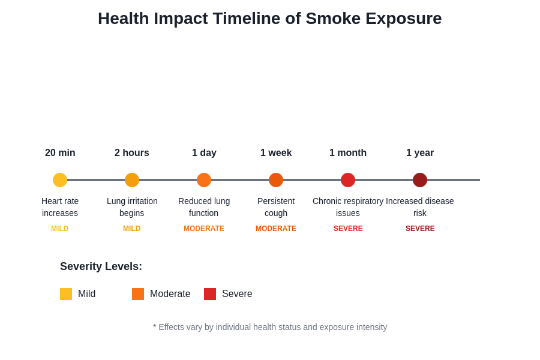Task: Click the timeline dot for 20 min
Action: [60, 180]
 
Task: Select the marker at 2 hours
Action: [132, 180]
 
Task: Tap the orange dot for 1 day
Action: [204, 180]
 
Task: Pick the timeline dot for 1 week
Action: [276, 180]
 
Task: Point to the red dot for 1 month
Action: [348, 180]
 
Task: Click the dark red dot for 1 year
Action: [420, 180]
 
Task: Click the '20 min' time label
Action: [60, 153]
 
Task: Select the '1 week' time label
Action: [276, 153]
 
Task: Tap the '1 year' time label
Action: [420, 153]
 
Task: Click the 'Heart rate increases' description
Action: [60, 207]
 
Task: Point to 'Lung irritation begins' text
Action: [132, 207]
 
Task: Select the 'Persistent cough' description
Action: [276, 207]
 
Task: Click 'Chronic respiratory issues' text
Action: [348, 207]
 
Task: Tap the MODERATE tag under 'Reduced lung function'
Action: [204, 229]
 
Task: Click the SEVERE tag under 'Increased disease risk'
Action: [420, 229]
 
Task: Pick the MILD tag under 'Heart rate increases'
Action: [60, 229]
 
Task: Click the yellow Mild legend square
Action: [66, 294]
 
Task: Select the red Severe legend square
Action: [210, 294]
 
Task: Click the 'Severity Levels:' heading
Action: [101, 266]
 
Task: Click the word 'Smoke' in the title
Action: [333, 19]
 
